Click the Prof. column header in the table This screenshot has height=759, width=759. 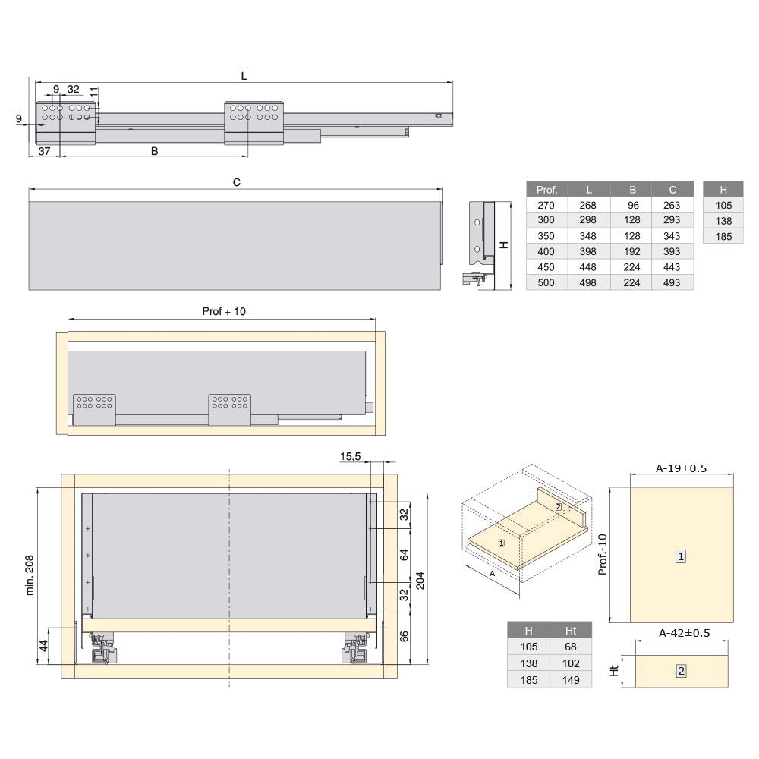pos(546,190)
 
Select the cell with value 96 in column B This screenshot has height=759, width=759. pos(633,205)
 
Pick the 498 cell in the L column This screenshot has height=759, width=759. pos(587,282)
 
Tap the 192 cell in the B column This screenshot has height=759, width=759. pos(631,252)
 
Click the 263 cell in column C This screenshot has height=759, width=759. pos(672,205)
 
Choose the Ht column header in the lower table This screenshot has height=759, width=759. pos(571,631)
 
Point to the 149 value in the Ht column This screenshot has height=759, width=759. pos(571,680)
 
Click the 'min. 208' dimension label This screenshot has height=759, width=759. pos(30,575)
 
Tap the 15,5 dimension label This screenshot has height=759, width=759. pos(350,456)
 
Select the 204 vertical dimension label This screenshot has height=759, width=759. pos(420,581)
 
